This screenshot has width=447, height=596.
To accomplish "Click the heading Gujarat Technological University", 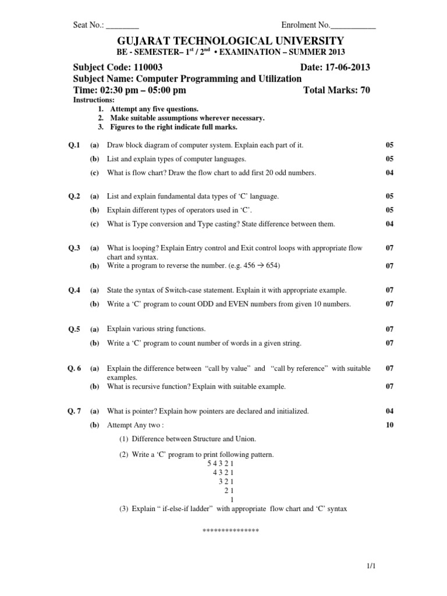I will pos(223,41).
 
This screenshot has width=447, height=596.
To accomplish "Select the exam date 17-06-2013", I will pos(347,68).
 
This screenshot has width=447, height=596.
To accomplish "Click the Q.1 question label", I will pos(73,144).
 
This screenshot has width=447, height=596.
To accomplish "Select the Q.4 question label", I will pos(73,290).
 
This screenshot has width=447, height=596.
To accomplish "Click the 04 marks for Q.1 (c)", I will pos(389,173).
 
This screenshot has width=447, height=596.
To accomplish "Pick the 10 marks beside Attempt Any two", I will pos(389,425).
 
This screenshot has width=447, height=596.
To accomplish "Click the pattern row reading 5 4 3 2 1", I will pos(220,464).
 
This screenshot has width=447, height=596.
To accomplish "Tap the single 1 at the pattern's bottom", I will pos(232,499).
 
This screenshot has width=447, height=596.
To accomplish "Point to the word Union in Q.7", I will pos(244,439).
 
